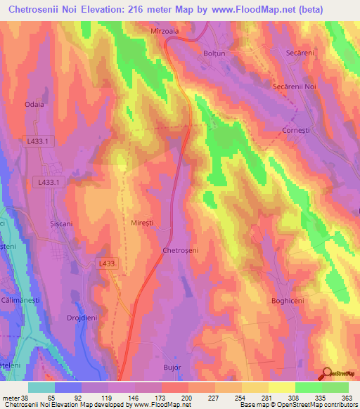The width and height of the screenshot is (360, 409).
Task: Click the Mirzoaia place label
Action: [x=166, y=32]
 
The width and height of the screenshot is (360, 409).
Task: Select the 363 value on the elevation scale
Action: [x=347, y=398]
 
